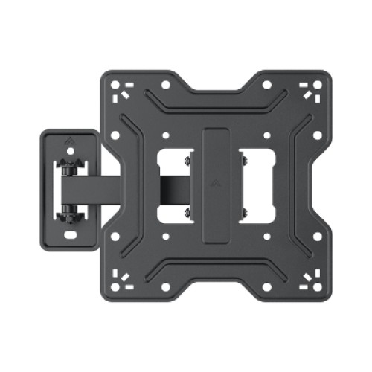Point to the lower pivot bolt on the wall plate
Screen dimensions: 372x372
pos(68,211)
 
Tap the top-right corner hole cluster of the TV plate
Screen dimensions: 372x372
pos(310,90)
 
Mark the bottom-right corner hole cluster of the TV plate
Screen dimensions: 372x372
pos(310,281)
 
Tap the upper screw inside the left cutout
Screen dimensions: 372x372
pos(187,159)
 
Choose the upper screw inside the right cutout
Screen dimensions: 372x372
pos(242,159)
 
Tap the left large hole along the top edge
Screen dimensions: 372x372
pos(164,85)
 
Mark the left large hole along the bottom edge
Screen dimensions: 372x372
pos(164,286)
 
